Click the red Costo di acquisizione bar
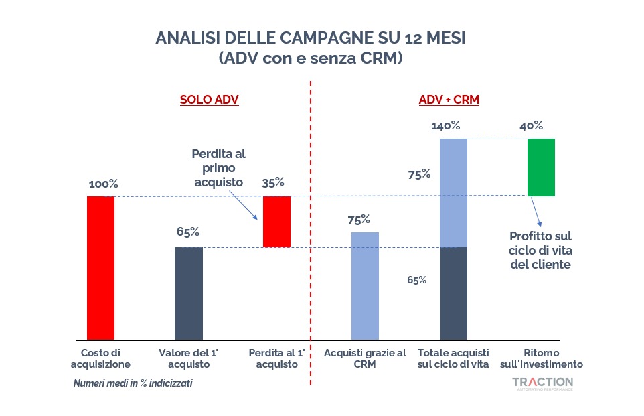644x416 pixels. [x=100, y=268]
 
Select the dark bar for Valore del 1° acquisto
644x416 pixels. [x=188, y=293]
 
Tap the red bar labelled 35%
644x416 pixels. [x=276, y=221]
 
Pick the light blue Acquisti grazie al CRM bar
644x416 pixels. [x=365, y=286]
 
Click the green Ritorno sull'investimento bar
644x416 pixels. [x=541, y=167]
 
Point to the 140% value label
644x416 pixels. [x=445, y=125]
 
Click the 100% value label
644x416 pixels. [x=102, y=183]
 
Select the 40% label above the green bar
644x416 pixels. [x=531, y=125]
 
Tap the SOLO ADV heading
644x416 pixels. [x=209, y=100]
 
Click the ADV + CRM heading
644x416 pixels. [x=449, y=100]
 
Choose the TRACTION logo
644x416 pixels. [x=542, y=383]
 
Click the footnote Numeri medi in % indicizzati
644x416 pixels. [x=128, y=384]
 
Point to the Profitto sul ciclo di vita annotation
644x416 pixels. [x=540, y=250]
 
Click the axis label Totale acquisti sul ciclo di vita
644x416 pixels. [x=453, y=358]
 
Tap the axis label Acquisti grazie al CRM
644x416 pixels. [x=365, y=358]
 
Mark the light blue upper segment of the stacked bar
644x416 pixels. [x=453, y=192]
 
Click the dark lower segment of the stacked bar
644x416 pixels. [x=453, y=293]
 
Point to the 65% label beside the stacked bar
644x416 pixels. [x=416, y=280]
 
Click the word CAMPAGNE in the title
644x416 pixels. [x=297, y=37]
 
